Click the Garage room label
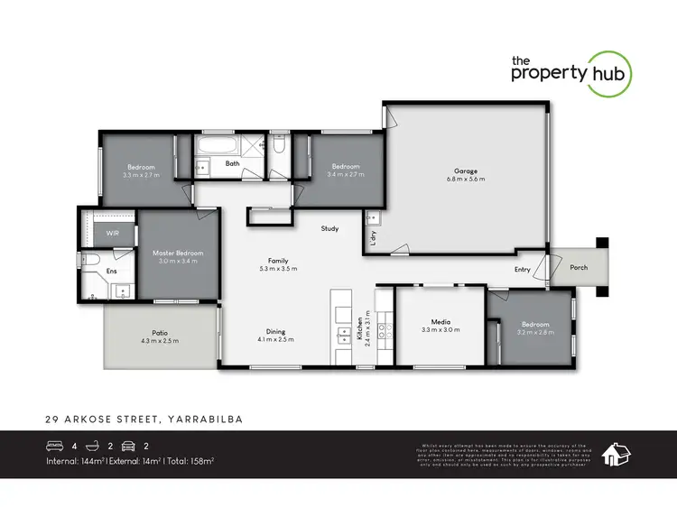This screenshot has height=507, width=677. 466,171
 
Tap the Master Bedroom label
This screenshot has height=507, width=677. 177,253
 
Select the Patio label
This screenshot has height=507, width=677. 160,331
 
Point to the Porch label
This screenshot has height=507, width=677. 578,268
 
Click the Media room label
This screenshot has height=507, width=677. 441,322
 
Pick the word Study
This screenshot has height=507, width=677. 329,229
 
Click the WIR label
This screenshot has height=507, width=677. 113,233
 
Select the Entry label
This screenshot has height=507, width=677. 523,269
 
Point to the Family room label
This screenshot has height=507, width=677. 277,260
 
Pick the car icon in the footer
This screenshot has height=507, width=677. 130,446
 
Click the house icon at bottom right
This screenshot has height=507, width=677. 616,454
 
